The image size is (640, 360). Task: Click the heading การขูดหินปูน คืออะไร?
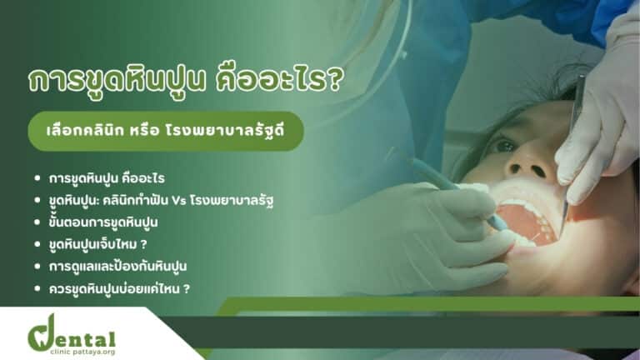(186, 80)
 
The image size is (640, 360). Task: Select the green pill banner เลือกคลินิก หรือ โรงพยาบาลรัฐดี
(166, 132)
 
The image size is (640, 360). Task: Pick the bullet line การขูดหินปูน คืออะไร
(107, 178)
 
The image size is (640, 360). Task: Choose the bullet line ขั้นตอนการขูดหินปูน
(102, 222)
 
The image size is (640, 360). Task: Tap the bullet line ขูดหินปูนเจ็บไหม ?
(97, 244)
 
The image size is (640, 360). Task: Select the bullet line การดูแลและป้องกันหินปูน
(117, 267)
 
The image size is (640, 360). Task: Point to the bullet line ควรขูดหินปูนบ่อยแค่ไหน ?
(119, 288)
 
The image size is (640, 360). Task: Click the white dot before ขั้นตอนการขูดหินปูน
(37, 222)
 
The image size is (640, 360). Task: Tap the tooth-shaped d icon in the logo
(42, 333)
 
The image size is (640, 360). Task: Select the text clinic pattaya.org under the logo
(82, 352)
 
